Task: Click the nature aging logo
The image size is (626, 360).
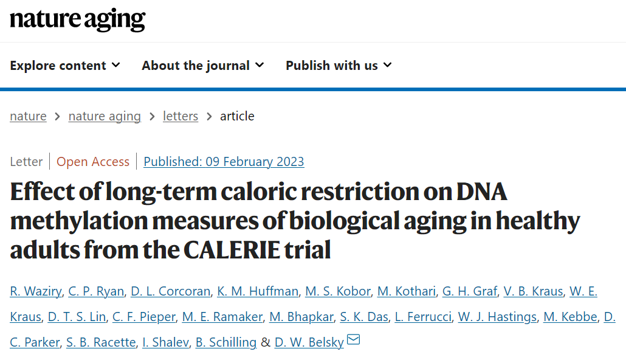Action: (77, 20)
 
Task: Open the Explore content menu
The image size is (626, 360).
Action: (64, 66)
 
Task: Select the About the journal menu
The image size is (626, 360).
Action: (202, 66)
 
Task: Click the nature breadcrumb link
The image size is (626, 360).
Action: (28, 116)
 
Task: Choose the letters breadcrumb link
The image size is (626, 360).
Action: (181, 116)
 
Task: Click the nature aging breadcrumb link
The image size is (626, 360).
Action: (105, 116)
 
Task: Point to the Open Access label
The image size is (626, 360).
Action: (93, 162)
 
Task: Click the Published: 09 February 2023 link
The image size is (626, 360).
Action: (224, 162)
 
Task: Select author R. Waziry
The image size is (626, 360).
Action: (35, 291)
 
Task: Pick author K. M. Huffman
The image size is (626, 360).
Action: (258, 291)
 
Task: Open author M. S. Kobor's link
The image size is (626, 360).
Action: (338, 291)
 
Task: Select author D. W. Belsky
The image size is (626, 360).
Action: (309, 342)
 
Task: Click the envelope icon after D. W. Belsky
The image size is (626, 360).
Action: (353, 340)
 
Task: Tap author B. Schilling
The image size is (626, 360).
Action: (226, 342)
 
